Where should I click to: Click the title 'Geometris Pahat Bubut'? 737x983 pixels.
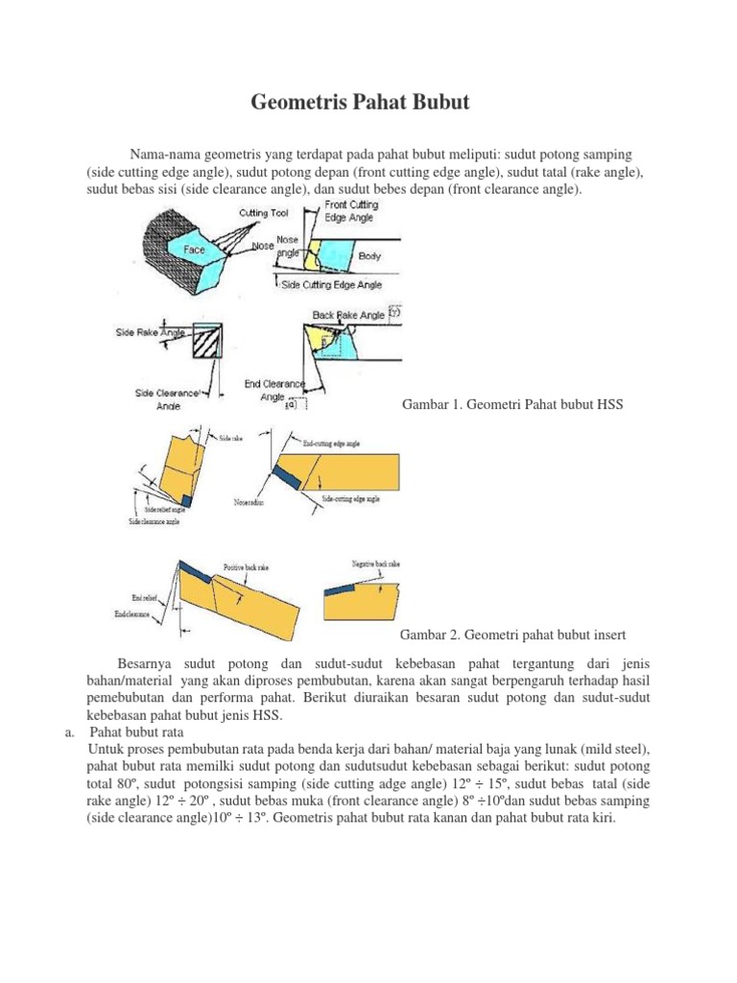[361, 102]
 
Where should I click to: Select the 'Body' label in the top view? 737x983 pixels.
[368, 256]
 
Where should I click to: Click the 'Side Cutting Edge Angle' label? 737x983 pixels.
[331, 284]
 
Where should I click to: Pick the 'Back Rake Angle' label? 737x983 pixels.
[348, 315]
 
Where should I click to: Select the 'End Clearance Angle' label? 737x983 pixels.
[273, 391]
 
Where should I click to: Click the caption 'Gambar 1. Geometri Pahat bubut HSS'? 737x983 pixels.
[511, 404]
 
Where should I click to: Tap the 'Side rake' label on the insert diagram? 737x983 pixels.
[231, 438]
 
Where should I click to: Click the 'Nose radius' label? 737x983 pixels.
[251, 501]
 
